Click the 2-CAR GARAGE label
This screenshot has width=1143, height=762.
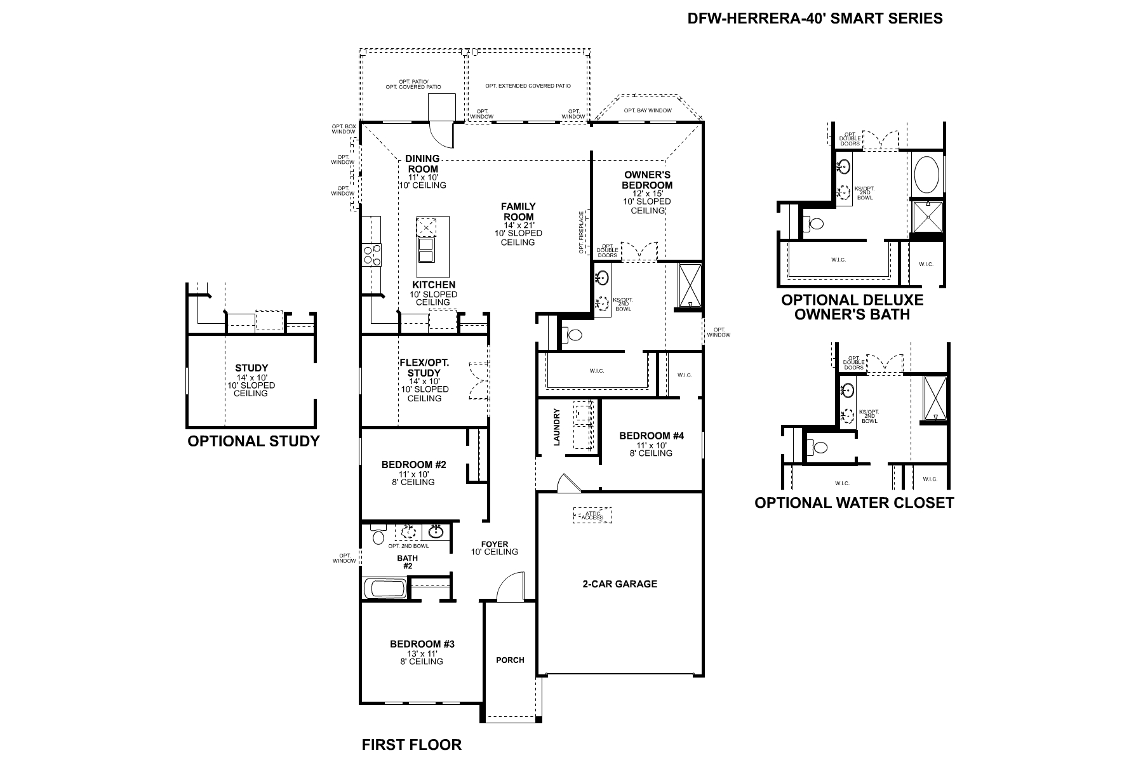[x=619, y=584]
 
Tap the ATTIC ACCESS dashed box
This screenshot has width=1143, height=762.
[x=592, y=515]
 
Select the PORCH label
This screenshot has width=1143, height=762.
[x=510, y=660]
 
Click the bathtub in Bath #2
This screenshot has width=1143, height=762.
[x=385, y=588]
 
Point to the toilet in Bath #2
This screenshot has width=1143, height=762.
[x=378, y=537]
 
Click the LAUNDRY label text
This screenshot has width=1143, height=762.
[x=557, y=427]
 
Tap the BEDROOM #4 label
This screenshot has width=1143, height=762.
[x=652, y=436]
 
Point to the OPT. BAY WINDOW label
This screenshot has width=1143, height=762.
[x=647, y=110]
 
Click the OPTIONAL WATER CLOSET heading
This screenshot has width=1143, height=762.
[x=853, y=503]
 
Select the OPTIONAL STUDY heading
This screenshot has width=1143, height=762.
[x=253, y=441]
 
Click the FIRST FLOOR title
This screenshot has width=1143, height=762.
[x=411, y=745]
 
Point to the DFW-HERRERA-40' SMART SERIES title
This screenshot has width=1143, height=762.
[x=815, y=18]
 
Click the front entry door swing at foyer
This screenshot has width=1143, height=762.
[x=510, y=587]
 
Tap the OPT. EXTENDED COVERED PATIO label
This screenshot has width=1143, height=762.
[x=528, y=86]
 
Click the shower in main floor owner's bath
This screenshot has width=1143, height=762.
[x=690, y=286]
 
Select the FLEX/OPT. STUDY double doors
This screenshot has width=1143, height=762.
[x=479, y=380]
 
